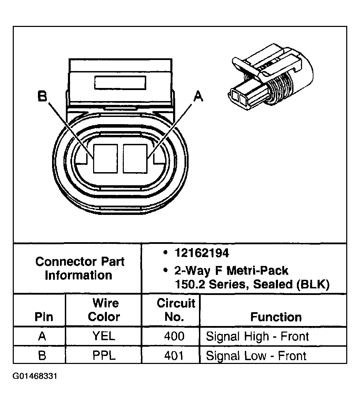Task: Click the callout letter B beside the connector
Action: tap(42, 97)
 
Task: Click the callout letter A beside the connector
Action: tap(198, 97)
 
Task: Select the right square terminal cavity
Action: tap(135, 158)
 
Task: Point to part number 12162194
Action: tap(202, 253)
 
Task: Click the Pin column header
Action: tap(44, 317)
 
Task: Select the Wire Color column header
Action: tap(105, 310)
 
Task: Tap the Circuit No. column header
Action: tap(176, 310)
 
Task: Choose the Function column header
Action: tap(276, 317)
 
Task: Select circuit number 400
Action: tap(174, 336)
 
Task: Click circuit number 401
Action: tap(174, 355)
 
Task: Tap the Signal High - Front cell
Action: tap(257, 336)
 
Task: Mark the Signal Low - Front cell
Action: tap(256, 356)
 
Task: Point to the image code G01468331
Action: tap(35, 376)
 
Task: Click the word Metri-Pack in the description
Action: tap(260, 270)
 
